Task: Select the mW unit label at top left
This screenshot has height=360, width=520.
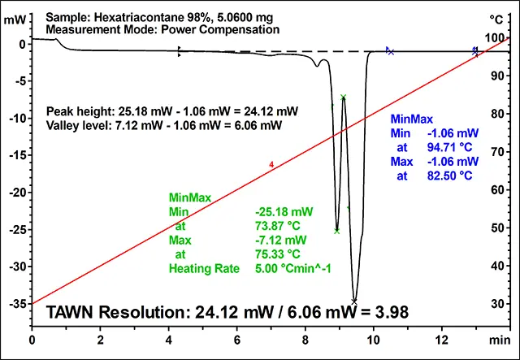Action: pos(15,18)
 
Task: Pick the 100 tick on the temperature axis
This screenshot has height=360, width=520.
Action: pos(495,38)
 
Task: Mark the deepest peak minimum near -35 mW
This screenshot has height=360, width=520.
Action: pos(354,301)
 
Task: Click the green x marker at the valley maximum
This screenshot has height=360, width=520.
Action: pos(344,97)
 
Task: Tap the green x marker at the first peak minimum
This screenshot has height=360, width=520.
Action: pos(336,231)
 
